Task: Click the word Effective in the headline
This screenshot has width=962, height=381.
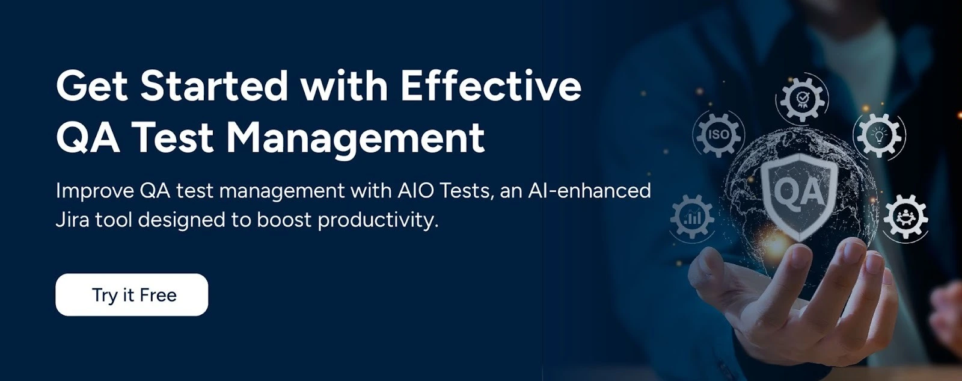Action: [x=491, y=86]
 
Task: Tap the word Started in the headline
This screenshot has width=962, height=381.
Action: [x=214, y=86]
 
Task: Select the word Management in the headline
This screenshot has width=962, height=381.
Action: [x=355, y=138]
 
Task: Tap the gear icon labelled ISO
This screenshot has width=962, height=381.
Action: [x=718, y=134]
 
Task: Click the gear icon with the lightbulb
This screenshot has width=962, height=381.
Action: [x=879, y=134]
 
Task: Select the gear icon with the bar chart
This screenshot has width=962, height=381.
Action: [x=693, y=217]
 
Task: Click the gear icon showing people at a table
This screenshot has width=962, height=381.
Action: [x=905, y=217]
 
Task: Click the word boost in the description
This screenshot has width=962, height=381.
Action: [x=284, y=220]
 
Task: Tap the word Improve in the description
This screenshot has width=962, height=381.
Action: [x=95, y=191]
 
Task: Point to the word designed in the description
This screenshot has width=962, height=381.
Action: [x=183, y=220]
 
